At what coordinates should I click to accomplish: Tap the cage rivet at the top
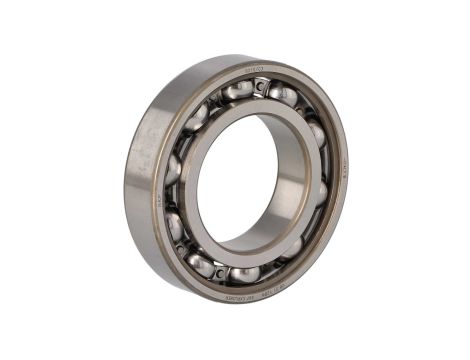(260, 87)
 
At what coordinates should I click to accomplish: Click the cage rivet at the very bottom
(220, 271)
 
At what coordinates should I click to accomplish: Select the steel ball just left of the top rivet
(237, 90)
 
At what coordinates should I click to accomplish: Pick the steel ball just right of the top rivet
(283, 95)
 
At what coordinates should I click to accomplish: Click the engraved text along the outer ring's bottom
(240, 297)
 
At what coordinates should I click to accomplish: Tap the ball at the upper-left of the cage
(197, 116)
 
